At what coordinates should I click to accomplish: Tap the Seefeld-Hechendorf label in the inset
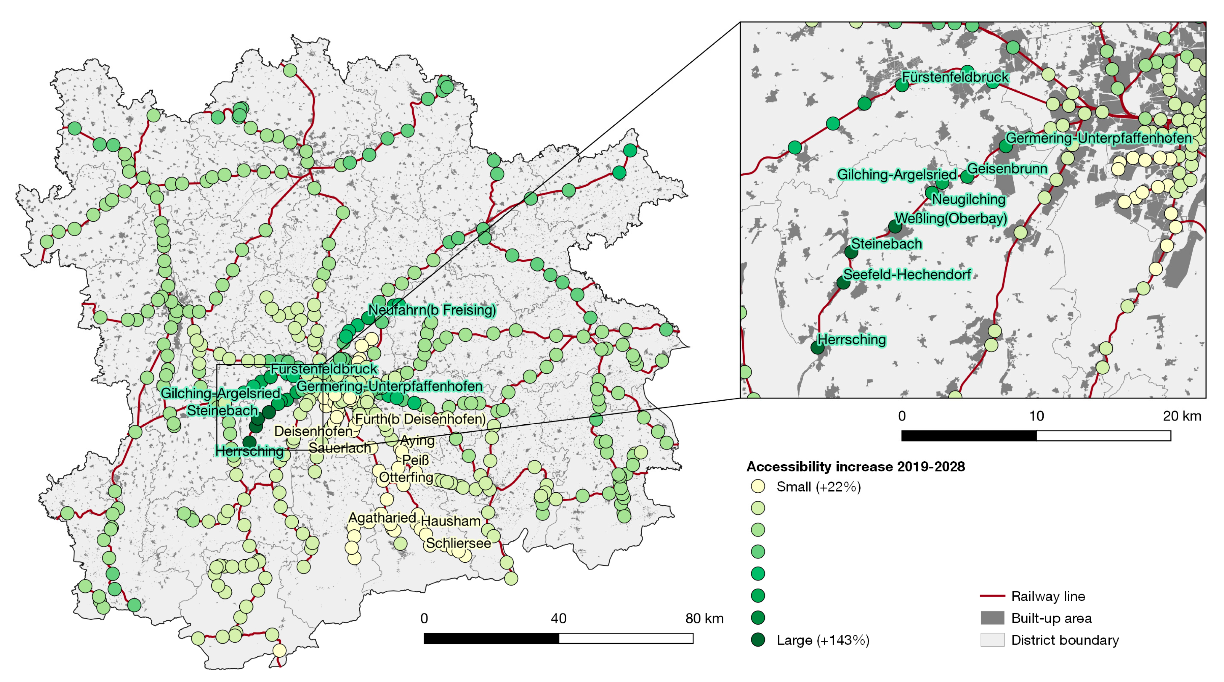906,275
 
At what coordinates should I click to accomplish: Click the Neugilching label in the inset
969,199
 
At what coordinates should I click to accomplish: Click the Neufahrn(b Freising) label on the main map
432,310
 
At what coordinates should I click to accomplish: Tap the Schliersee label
458,543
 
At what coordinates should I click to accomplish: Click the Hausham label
450,521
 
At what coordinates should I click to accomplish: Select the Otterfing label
406,477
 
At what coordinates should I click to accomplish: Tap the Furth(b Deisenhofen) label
420,419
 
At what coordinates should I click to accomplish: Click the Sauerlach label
340,448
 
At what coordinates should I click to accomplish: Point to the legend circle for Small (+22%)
758,486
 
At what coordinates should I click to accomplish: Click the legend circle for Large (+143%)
758,640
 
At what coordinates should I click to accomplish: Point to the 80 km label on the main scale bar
704,618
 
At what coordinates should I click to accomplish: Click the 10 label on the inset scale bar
1036,416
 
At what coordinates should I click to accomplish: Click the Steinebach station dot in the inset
851,252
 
